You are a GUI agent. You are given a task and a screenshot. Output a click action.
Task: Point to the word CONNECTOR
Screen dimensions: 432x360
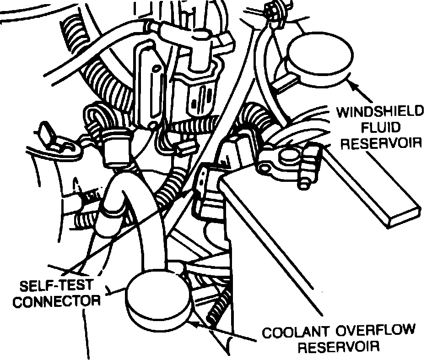[56, 301]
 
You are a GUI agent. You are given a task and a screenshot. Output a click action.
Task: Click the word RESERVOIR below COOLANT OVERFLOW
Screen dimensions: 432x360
[339, 346]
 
